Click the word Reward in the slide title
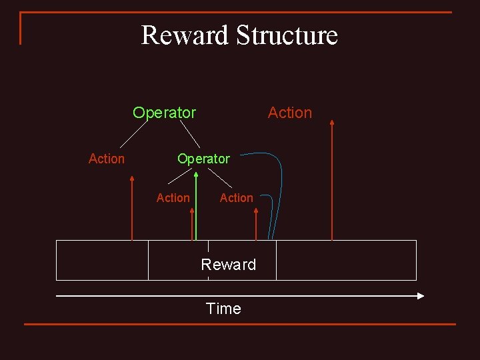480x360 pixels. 185,35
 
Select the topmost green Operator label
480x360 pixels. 164,113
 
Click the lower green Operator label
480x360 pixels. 203,159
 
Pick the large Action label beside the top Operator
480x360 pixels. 290,113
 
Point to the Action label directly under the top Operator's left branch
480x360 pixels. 107,159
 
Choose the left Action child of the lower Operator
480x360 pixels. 173,198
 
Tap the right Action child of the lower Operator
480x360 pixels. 237,198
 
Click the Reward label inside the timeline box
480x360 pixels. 229,265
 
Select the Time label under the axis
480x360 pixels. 223,309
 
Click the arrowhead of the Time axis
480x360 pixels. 421,295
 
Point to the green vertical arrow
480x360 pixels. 196,207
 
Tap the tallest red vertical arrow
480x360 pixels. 332,180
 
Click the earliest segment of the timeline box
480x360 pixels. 102,260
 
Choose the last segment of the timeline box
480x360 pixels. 346,260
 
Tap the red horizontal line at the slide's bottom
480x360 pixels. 240,325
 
